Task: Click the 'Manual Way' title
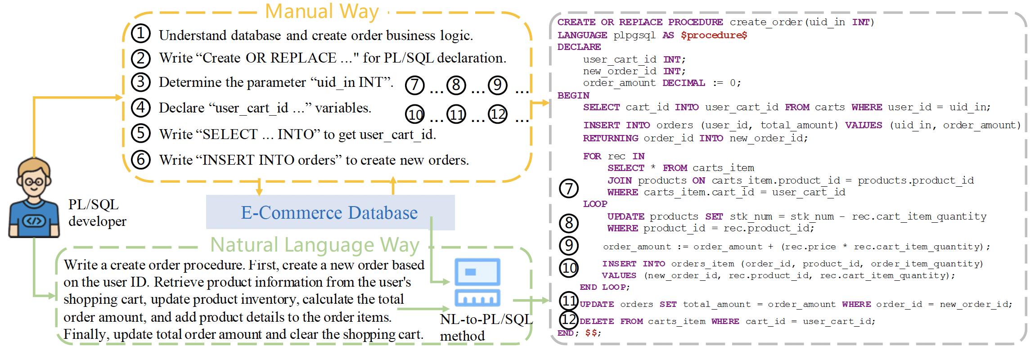tap(322, 11)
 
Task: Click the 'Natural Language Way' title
tap(315, 245)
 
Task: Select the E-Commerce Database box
tap(330, 212)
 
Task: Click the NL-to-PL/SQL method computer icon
tap(477, 282)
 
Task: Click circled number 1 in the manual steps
tap(141, 34)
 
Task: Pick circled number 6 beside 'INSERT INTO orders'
tap(141, 160)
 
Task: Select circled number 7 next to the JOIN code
tap(569, 188)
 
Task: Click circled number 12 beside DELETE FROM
tap(569, 320)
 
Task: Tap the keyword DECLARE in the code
tap(579, 47)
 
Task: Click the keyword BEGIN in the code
tap(573, 95)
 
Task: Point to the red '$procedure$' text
tap(714, 35)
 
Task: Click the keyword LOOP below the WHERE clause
tap(595, 204)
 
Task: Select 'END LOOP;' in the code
tap(604, 287)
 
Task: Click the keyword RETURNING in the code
tap(610, 138)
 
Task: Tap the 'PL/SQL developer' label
tap(97, 213)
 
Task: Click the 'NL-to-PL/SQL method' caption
tap(486, 328)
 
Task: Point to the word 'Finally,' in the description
tap(86, 334)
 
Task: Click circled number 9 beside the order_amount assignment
tap(569, 245)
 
